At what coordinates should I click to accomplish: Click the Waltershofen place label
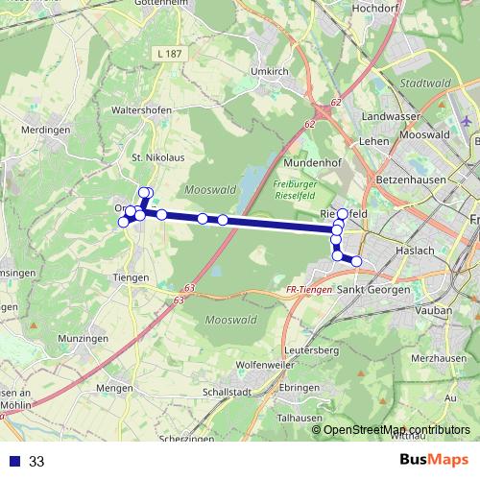click(x=142, y=110)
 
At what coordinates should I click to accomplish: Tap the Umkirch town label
click(x=268, y=71)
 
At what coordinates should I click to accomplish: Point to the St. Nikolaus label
click(x=152, y=156)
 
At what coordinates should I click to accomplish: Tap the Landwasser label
click(x=388, y=116)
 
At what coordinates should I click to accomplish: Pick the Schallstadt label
click(x=227, y=393)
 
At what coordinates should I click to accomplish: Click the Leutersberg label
click(x=312, y=351)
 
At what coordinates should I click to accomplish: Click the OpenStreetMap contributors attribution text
click(x=396, y=429)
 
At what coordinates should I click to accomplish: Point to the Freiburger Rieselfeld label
click(x=295, y=189)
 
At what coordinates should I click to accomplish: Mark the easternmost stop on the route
click(x=356, y=261)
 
